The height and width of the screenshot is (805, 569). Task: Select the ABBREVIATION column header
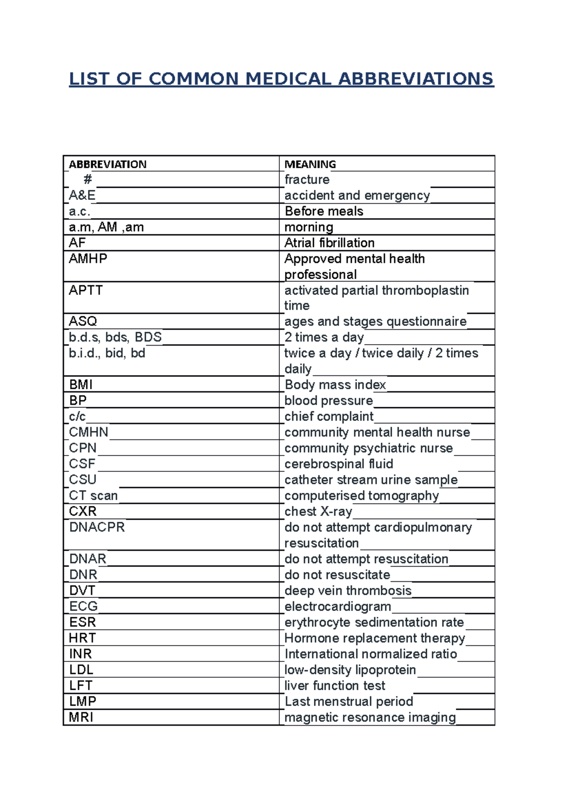click(108, 164)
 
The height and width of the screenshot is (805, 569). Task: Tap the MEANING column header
click(310, 164)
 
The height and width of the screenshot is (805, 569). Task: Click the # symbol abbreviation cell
click(88, 180)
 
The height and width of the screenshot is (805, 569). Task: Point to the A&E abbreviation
click(82, 195)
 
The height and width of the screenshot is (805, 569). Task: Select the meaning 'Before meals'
click(324, 211)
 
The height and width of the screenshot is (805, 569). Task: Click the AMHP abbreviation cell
click(88, 259)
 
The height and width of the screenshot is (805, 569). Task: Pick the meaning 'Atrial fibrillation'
click(329, 243)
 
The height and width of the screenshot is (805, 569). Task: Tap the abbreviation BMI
click(81, 384)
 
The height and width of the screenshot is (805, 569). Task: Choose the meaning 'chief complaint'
click(329, 416)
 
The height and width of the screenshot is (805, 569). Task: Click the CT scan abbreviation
click(93, 495)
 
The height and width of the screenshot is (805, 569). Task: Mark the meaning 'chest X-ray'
click(318, 512)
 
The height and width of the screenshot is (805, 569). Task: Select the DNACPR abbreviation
click(97, 527)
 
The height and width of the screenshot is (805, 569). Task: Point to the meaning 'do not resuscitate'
click(337, 575)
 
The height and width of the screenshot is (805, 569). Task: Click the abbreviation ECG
click(83, 606)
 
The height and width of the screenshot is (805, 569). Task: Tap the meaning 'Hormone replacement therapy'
click(375, 638)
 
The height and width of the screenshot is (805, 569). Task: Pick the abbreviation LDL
click(81, 670)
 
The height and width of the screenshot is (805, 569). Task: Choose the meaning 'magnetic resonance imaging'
click(370, 717)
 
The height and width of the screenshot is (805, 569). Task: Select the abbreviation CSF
click(82, 464)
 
